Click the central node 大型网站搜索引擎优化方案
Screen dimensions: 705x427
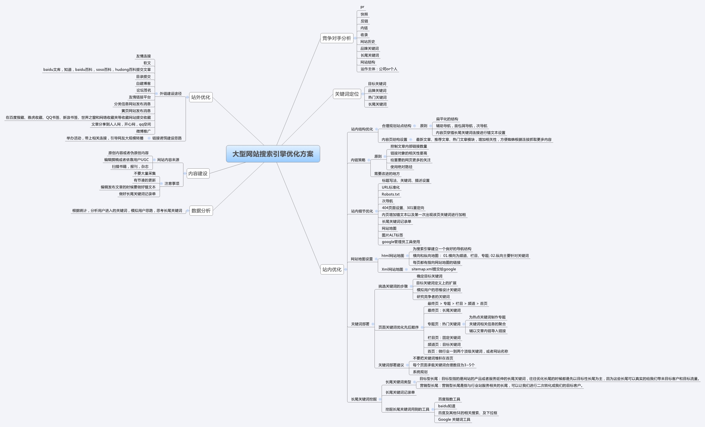(x=273, y=154)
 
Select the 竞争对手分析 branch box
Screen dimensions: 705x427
(x=337, y=38)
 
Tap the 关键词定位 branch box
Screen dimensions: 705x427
(x=347, y=94)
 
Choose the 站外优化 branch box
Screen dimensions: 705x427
(x=201, y=97)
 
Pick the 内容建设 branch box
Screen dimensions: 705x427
(x=198, y=173)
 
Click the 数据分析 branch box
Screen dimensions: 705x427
(x=201, y=211)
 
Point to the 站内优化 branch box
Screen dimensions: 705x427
(x=332, y=269)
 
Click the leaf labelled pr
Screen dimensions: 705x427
(x=362, y=7)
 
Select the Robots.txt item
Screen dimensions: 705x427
(x=391, y=194)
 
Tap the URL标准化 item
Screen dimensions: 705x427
(x=391, y=188)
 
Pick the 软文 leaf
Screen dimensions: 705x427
(x=147, y=63)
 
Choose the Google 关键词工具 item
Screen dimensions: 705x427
(x=454, y=420)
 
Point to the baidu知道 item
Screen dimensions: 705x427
(x=447, y=406)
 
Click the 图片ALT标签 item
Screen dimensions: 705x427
(x=392, y=235)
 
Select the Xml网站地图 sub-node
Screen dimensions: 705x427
(x=392, y=269)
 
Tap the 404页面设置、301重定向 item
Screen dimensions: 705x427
(x=403, y=208)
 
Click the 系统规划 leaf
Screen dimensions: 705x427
(x=420, y=372)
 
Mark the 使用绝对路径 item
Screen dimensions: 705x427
(x=401, y=167)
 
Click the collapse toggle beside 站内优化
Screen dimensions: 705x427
(x=346, y=269)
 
